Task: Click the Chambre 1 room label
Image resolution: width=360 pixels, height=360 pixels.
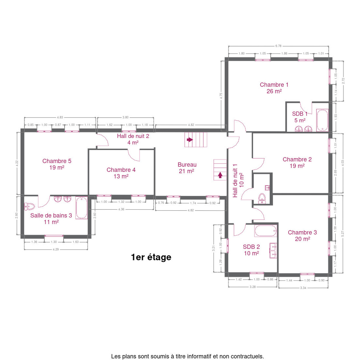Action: tap(274, 88)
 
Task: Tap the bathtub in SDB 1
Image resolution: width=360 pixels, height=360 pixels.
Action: tap(322, 120)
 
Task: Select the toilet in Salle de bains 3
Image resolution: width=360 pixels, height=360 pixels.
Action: tap(29, 206)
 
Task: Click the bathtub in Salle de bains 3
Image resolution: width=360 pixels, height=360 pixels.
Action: tap(82, 208)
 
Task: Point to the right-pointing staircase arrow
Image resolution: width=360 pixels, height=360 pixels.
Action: tap(190, 139)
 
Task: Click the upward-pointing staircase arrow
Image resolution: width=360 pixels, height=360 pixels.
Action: tap(220, 175)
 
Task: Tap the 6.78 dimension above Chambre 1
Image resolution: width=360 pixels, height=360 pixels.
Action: tap(278, 46)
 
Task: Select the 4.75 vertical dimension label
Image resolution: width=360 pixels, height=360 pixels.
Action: tap(221, 96)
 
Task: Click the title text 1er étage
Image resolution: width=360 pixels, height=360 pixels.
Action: tap(151, 257)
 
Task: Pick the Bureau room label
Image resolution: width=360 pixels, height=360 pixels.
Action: tap(187, 168)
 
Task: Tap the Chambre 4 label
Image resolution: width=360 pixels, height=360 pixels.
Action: tap(121, 173)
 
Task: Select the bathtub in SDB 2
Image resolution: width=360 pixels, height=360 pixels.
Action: tap(265, 231)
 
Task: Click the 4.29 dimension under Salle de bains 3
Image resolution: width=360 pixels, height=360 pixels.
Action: tap(56, 249)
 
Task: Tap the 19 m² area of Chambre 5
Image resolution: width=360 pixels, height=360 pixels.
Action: tap(57, 167)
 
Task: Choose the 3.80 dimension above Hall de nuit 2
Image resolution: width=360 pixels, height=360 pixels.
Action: tap(125, 117)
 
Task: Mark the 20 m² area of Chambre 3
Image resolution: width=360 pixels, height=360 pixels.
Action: tap(303, 239)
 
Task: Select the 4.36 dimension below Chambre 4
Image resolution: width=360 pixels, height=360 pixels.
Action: tap(121, 209)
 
